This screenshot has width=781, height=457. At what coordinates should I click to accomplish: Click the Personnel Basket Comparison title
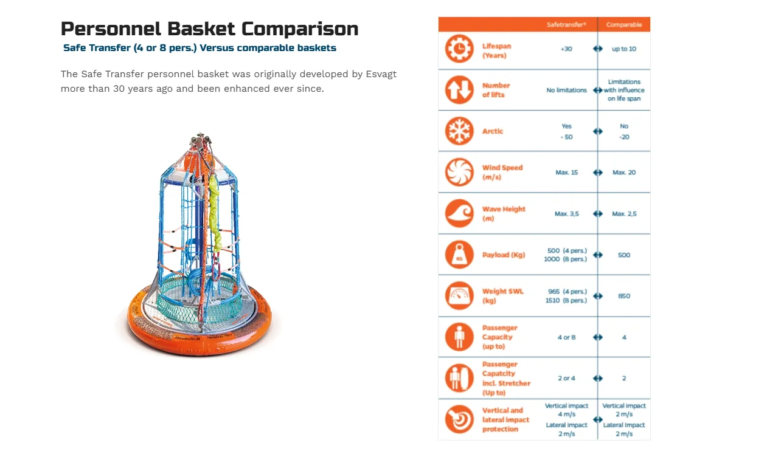(x=210, y=29)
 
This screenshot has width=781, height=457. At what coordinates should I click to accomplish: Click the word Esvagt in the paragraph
(x=381, y=74)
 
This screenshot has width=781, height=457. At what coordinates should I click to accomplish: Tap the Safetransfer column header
(x=566, y=24)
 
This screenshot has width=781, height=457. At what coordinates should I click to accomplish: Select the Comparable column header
(x=623, y=24)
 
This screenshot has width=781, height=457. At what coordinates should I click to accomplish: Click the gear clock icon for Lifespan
(x=459, y=49)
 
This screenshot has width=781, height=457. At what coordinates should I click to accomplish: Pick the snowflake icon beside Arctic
(x=459, y=131)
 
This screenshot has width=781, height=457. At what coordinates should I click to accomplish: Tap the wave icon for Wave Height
(x=459, y=213)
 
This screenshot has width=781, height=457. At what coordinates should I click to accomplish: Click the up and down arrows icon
(x=459, y=90)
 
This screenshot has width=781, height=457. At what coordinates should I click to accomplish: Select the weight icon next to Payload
(x=459, y=255)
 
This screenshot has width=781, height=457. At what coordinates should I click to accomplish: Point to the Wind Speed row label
(x=502, y=172)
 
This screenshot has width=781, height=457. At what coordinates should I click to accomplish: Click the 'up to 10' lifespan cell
(x=623, y=49)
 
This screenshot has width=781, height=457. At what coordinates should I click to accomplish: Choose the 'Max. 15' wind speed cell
(x=566, y=173)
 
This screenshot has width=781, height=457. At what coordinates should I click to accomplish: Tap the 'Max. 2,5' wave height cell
(x=624, y=213)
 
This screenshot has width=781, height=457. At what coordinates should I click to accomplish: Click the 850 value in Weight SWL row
(x=623, y=296)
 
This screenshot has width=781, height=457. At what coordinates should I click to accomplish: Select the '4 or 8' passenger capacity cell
(x=566, y=337)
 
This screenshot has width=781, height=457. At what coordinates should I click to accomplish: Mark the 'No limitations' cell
(x=566, y=90)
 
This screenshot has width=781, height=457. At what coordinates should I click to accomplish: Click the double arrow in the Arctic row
(x=597, y=131)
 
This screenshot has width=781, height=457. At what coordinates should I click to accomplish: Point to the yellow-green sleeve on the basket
(x=215, y=213)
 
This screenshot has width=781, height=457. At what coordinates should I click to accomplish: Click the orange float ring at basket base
(x=200, y=334)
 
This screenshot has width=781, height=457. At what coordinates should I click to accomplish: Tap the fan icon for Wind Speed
(x=459, y=173)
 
